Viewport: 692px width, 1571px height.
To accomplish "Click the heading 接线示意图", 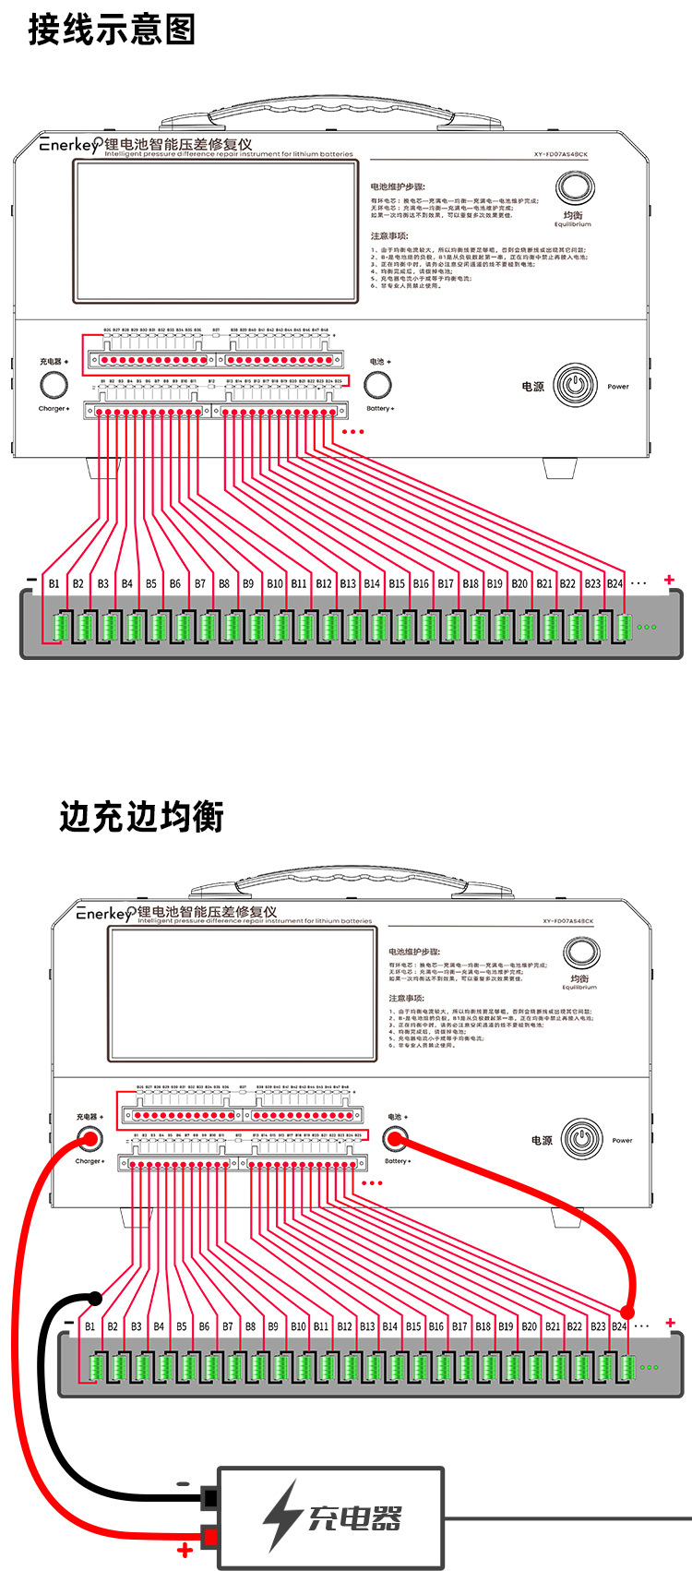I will pos(112,30).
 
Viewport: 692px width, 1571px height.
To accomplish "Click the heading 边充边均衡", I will pos(141,816).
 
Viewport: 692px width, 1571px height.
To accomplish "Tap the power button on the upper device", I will pos(576,386).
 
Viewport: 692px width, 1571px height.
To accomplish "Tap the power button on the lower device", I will pos(582,1139).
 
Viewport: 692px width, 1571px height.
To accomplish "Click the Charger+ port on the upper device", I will pos(54,385).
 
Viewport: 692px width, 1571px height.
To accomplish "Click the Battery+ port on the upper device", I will pos(377,384).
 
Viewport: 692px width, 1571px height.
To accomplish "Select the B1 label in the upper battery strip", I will pos(54,583).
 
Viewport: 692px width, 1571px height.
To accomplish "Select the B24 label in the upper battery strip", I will pos(614,583).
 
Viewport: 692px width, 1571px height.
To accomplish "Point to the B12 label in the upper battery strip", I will pos(323,583).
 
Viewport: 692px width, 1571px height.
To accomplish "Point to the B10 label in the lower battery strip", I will pos(298,1326).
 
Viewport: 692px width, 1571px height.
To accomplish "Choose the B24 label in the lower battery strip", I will pos(619,1326).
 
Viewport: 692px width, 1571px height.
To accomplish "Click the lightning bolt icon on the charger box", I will pos(281,1517).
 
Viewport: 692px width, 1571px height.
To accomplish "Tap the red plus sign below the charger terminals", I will pos(185,1550).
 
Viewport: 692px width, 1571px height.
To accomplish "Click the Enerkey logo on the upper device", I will pos(70,145).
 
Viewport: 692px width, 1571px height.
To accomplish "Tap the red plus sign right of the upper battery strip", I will pos(669,581).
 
